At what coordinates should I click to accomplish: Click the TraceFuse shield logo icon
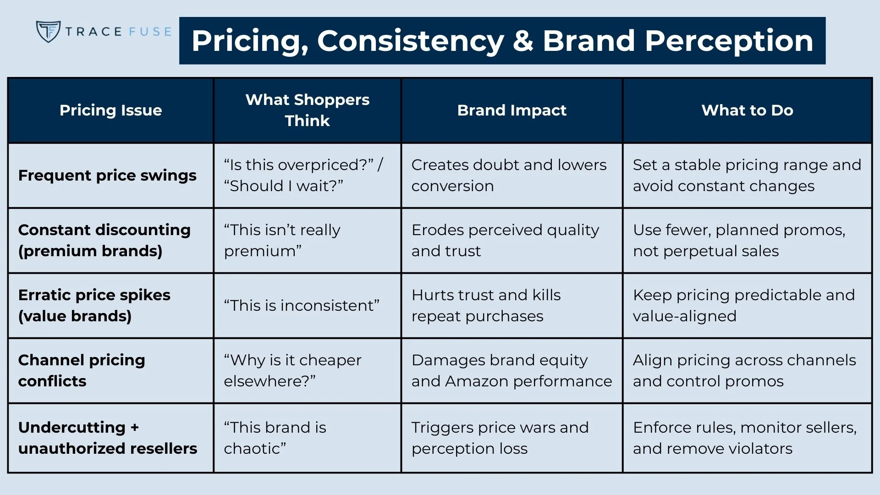pos(48,32)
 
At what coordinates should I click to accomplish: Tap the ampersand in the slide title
pos(523,41)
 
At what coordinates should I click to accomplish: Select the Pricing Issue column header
pos(110,110)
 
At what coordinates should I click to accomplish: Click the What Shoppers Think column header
pos(307,110)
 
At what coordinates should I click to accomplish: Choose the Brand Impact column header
pos(511,110)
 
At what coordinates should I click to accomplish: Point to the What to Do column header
pos(747,110)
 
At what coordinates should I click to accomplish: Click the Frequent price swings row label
pos(107,176)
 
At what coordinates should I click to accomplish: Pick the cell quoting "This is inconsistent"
pos(302,306)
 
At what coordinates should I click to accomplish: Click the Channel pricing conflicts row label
pos(82,371)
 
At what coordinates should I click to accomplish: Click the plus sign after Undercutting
pos(134,428)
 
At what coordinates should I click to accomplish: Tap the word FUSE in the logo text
pos(150,32)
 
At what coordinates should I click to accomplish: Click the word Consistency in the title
pos(411,41)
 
